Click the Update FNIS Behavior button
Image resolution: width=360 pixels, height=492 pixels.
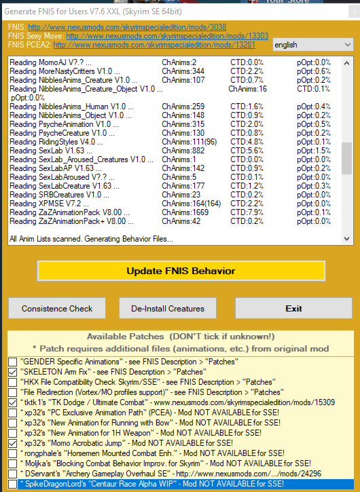click(180, 271)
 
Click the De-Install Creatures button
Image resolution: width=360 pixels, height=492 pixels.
click(167, 308)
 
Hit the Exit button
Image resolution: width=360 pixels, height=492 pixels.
click(293, 308)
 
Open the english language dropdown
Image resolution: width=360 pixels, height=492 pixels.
click(313, 44)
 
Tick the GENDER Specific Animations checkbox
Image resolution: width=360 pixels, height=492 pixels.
click(13, 362)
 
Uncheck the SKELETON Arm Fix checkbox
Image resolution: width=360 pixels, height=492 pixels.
click(13, 373)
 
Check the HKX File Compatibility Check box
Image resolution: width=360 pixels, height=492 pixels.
click(13, 382)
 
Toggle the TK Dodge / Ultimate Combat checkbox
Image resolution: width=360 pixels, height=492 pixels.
click(13, 402)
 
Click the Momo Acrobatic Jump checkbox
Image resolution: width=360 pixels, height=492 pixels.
click(13, 443)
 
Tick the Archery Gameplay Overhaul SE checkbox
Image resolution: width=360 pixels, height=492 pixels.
click(13, 474)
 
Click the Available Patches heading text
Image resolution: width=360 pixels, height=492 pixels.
click(179, 337)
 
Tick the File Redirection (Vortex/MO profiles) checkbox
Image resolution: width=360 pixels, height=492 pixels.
click(13, 392)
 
